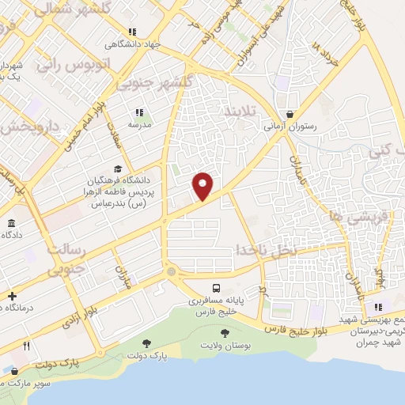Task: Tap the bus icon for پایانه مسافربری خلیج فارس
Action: click(x=217, y=288)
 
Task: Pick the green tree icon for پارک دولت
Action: click(x=146, y=343)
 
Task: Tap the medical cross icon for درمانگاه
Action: click(x=11, y=296)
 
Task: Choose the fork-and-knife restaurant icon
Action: click(x=26, y=346)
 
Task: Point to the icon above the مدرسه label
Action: click(x=139, y=112)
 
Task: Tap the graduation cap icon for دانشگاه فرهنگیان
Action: click(x=118, y=168)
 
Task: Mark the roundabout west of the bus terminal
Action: click(x=172, y=272)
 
